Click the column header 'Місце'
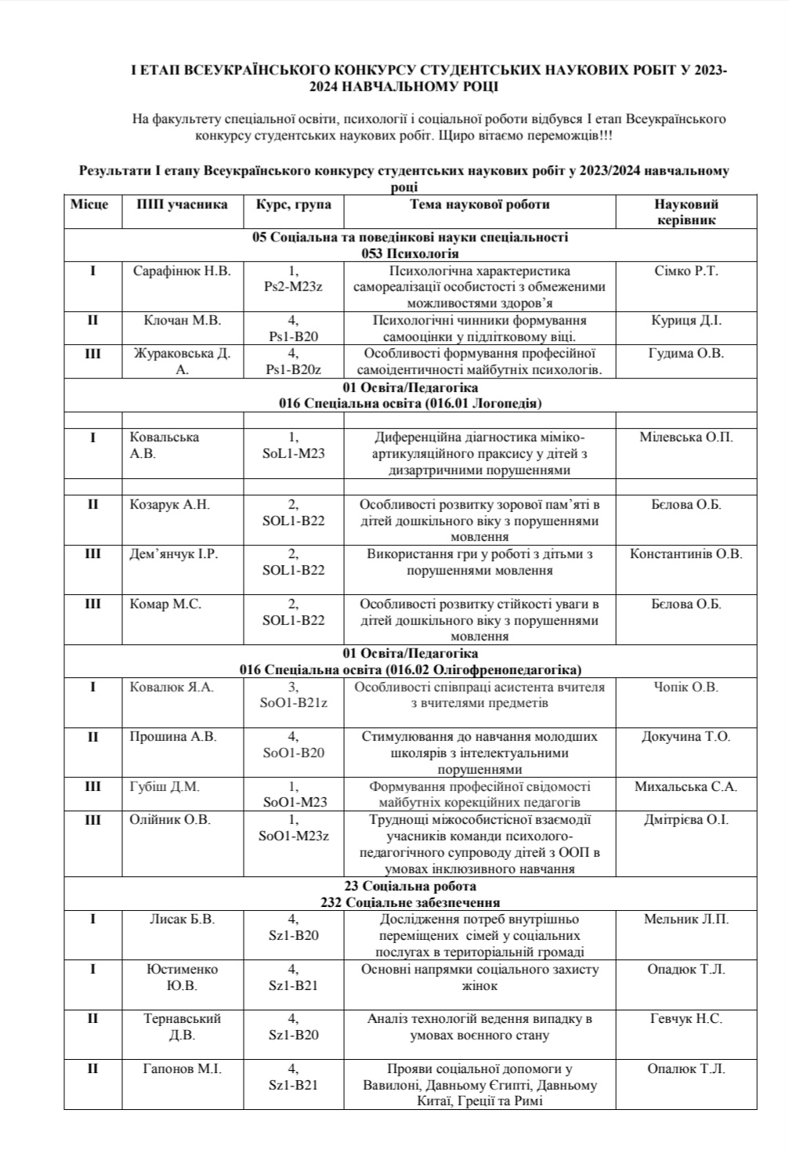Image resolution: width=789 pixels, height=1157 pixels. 89,205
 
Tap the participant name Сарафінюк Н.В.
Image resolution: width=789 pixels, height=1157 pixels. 183,271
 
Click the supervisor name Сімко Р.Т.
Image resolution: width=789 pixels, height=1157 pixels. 686,271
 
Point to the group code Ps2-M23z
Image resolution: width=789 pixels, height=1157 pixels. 293,287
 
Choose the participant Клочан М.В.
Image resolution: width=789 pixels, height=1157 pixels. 183,321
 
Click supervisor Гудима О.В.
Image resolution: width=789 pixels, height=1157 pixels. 686,354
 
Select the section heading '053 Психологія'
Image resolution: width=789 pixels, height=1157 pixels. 410,253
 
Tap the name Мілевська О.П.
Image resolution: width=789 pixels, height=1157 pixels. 686,437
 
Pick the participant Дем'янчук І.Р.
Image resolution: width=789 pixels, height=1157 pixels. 174,554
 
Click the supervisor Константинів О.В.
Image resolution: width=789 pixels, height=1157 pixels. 686,554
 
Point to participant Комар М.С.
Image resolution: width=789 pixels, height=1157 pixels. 165,604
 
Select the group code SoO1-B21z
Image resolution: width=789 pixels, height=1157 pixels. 293,703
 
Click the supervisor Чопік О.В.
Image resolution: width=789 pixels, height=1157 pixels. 686,687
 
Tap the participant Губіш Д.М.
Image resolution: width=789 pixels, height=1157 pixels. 165,787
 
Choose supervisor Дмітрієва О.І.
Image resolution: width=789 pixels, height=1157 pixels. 686,820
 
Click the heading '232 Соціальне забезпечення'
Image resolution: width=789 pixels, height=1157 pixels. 410,902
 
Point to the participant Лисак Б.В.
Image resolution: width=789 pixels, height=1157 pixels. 182,919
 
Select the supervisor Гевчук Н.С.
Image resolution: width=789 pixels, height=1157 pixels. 686,1019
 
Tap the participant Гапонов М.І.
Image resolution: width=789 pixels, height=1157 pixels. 182,1068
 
